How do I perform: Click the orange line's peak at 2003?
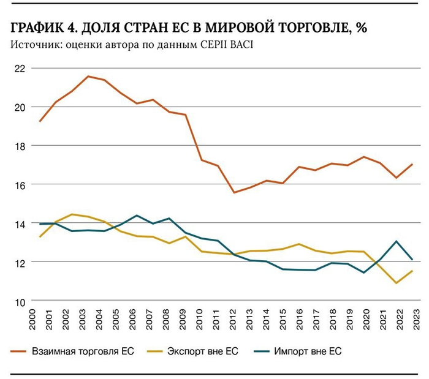[x=88, y=77]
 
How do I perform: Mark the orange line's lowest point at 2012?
[x=233, y=192]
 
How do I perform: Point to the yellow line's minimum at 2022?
[x=396, y=283]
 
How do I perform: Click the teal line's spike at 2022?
[x=396, y=241]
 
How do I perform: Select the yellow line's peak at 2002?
[x=72, y=214]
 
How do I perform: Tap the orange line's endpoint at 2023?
[x=412, y=164]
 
